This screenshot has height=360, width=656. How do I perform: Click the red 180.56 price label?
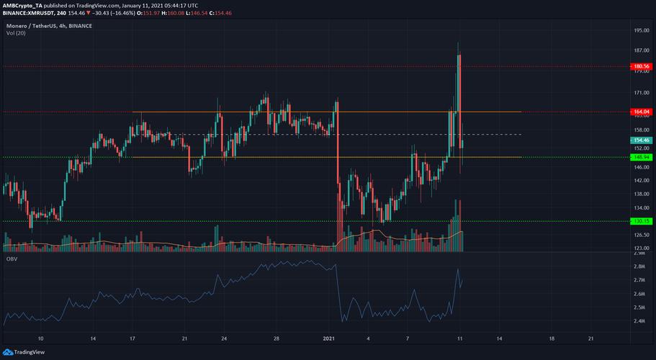click(x=640, y=66)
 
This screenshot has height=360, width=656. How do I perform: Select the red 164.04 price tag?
click(x=640, y=112)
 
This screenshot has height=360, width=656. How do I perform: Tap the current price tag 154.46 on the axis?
click(x=640, y=140)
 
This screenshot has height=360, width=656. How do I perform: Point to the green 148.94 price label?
click(x=640, y=157)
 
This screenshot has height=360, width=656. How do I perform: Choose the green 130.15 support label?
click(x=640, y=221)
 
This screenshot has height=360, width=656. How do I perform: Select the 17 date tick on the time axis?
click(x=132, y=338)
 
